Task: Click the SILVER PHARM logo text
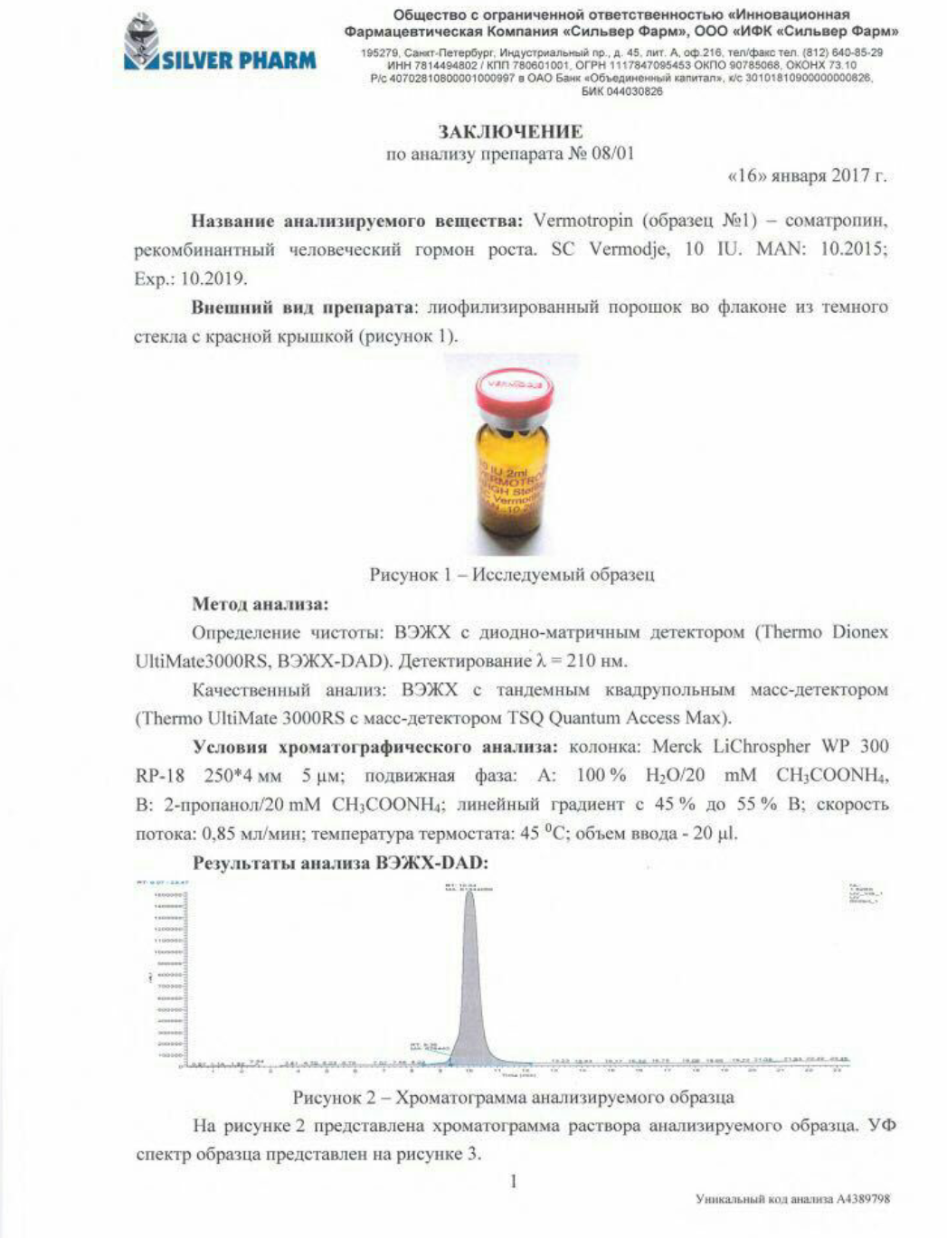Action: pyautogui.click(x=239, y=61)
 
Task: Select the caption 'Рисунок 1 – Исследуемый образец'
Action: pyautogui.click(x=511, y=574)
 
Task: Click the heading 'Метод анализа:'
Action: pyautogui.click(x=260, y=603)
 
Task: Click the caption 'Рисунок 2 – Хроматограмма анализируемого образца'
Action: pyautogui.click(x=513, y=1097)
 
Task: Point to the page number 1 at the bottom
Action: pyautogui.click(x=514, y=1181)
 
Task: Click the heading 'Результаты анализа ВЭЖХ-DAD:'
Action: pyautogui.click(x=340, y=863)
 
